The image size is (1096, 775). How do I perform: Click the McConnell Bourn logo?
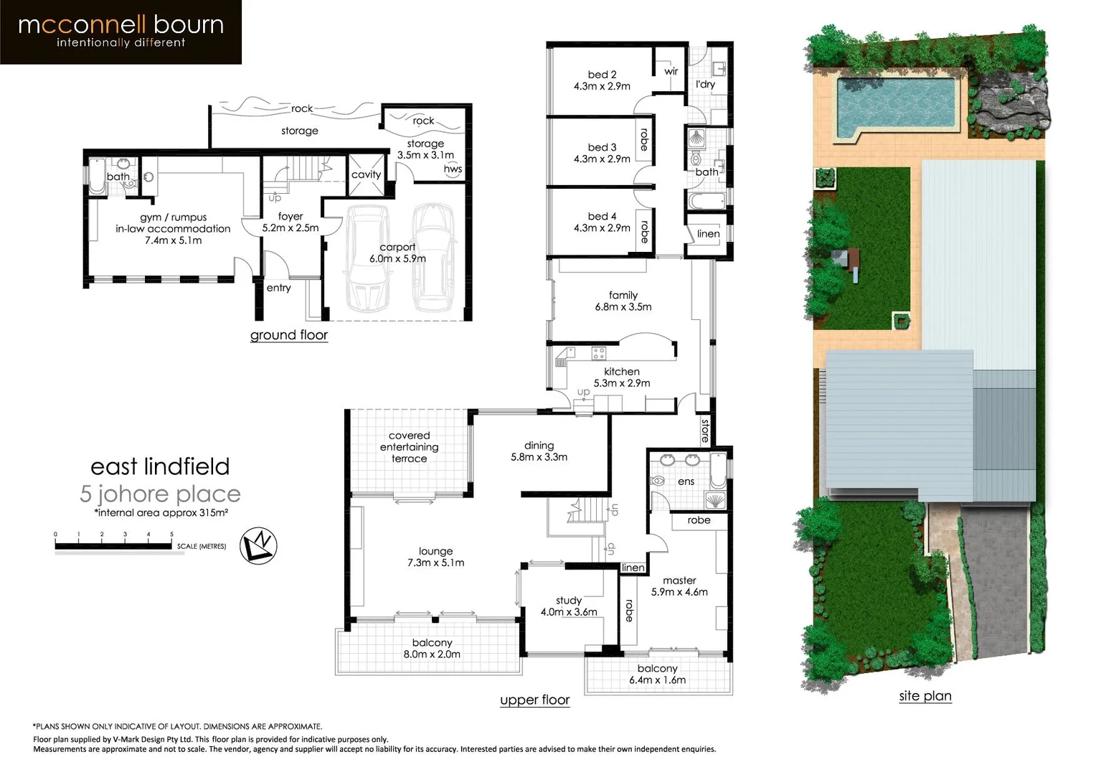[121, 32]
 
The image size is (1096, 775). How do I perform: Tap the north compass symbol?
[258, 545]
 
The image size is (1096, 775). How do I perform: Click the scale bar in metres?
[115, 546]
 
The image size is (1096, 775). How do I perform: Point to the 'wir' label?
[671, 71]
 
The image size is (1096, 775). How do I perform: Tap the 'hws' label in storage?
[453, 169]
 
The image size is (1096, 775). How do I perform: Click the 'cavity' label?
[366, 174]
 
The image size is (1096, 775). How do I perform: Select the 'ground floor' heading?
[288, 335]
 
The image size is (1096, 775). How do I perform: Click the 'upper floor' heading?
[534, 700]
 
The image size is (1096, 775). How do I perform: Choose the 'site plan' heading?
[925, 695]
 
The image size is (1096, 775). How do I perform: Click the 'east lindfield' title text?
[160, 466]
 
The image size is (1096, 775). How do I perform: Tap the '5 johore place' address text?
[160, 494]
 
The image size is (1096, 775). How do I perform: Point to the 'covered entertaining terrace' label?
[409, 447]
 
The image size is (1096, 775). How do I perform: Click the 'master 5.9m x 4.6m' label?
[679, 586]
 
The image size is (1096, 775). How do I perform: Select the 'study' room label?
[569, 601]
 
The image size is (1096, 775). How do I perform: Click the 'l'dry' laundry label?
[705, 84]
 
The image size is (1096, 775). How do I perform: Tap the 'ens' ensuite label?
[686, 482]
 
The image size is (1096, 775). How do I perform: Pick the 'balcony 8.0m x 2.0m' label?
[432, 649]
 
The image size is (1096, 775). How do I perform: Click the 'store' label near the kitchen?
[705, 430]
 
